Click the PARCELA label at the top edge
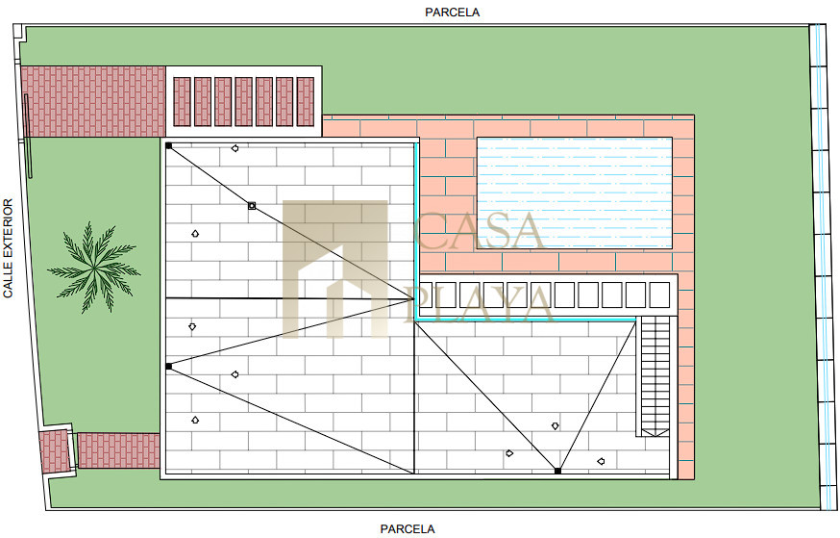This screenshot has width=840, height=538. click(452, 13)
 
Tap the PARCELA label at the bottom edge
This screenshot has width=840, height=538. click(408, 529)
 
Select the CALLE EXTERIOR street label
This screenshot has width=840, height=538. click(8, 248)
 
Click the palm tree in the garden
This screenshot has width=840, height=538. click(94, 267)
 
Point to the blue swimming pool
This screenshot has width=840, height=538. click(575, 193)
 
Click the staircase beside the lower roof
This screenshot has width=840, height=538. click(655, 376)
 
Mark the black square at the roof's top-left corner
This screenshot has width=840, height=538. click(169, 146)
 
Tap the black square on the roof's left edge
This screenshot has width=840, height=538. click(169, 367)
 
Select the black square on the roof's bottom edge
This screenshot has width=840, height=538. click(557, 471)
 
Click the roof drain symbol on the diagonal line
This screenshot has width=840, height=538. click(252, 205)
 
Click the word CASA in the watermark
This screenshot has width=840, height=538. click(479, 231)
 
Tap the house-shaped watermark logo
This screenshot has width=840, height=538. click(334, 269)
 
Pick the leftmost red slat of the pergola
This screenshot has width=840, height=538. click(183, 102)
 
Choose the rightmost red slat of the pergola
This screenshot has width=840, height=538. click(306, 102)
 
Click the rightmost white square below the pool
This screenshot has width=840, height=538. click(659, 295)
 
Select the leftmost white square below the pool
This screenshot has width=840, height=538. click(429, 295)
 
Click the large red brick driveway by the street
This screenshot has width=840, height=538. click(93, 101)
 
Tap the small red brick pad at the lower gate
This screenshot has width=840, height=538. click(55, 451)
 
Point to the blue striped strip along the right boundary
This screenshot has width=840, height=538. click(823, 267)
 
